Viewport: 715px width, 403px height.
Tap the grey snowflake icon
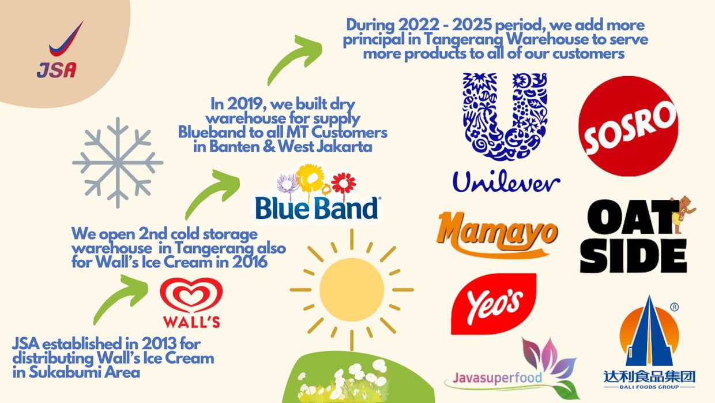(x=118, y=163)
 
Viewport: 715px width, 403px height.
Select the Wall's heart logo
(x=191, y=295)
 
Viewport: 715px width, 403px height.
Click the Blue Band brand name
(x=317, y=208)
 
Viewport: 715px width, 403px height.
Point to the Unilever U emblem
(x=505, y=117)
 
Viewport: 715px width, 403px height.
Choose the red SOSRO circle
(x=629, y=126)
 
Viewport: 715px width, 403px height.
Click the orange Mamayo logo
(x=497, y=235)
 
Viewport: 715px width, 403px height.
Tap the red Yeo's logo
(x=494, y=304)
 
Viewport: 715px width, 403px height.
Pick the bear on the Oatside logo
(x=683, y=214)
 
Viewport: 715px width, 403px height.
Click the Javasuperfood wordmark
(x=497, y=378)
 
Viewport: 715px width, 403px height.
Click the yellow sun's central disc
(x=352, y=290)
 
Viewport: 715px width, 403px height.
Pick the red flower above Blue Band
(x=344, y=183)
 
